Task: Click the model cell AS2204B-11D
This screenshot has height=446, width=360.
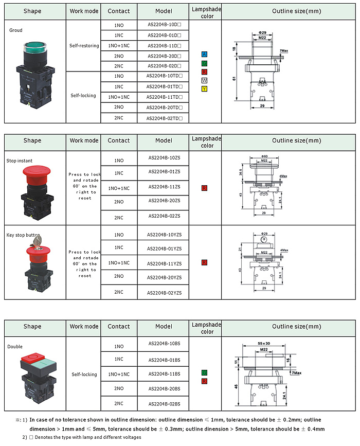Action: click(x=164, y=45)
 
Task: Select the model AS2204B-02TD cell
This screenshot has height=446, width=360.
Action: click(x=164, y=118)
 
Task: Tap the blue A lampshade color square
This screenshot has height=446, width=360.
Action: click(x=205, y=55)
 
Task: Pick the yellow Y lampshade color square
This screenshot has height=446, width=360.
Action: click(x=205, y=90)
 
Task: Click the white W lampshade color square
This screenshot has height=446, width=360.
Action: click(x=205, y=81)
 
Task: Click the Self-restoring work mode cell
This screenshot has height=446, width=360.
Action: click(x=84, y=45)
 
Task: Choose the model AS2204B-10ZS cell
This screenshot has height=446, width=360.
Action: click(x=164, y=157)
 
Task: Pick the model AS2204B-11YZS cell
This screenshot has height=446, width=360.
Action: click(x=164, y=263)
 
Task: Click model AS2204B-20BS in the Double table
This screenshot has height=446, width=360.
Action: click(x=164, y=388)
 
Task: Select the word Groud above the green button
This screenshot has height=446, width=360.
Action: click(x=16, y=30)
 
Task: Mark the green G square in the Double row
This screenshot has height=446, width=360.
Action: click(x=205, y=372)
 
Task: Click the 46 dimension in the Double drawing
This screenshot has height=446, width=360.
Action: click(x=236, y=385)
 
